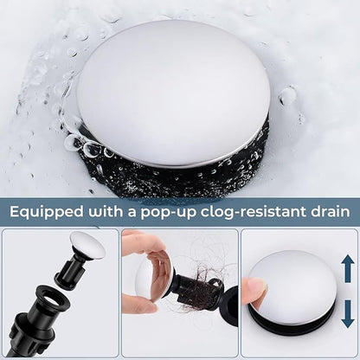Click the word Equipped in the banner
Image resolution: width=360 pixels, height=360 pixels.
click(46, 213)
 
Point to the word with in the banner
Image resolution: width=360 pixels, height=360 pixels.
click(105, 212)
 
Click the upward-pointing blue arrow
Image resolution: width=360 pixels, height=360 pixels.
click(348, 268)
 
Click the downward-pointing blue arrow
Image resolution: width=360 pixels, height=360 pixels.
click(348, 314)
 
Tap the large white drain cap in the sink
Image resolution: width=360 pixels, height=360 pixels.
click(173, 93)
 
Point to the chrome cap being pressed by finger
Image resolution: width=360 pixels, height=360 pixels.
click(292, 282)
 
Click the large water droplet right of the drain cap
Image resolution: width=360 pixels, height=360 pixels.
click(287, 96)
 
